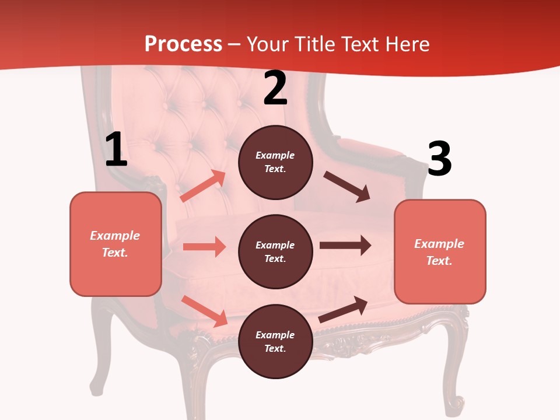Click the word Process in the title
click(183, 44)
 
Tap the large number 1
click(116, 150)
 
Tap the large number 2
click(275, 89)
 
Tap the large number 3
click(439, 159)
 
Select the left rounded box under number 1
click(116, 244)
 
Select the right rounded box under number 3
click(440, 251)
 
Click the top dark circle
click(275, 162)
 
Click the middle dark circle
click(275, 251)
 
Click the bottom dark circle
click(275, 341)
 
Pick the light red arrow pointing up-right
click(204, 186)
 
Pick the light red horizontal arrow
click(204, 247)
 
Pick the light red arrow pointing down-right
click(205, 311)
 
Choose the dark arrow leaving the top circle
click(347, 187)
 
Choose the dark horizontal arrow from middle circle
click(345, 245)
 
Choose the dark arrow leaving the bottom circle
click(343, 309)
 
